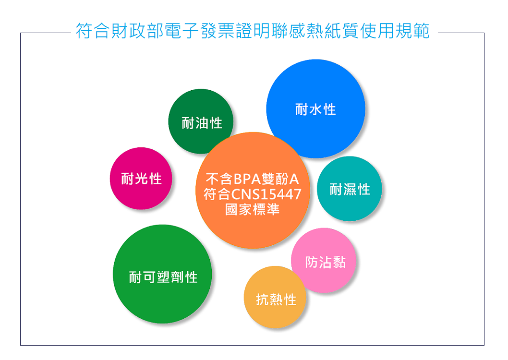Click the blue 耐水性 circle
click(316, 109)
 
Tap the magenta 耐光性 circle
click(141, 179)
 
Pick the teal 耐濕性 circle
click(350, 189)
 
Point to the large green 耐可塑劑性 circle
click(162, 274)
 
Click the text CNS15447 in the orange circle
click(266, 194)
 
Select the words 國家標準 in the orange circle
click(253, 209)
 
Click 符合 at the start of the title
click(93, 31)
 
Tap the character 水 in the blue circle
click(316, 109)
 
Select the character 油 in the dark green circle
click(202, 123)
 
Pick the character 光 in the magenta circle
click(141, 179)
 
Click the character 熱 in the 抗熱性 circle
click(276, 300)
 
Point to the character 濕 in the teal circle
click(350, 190)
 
